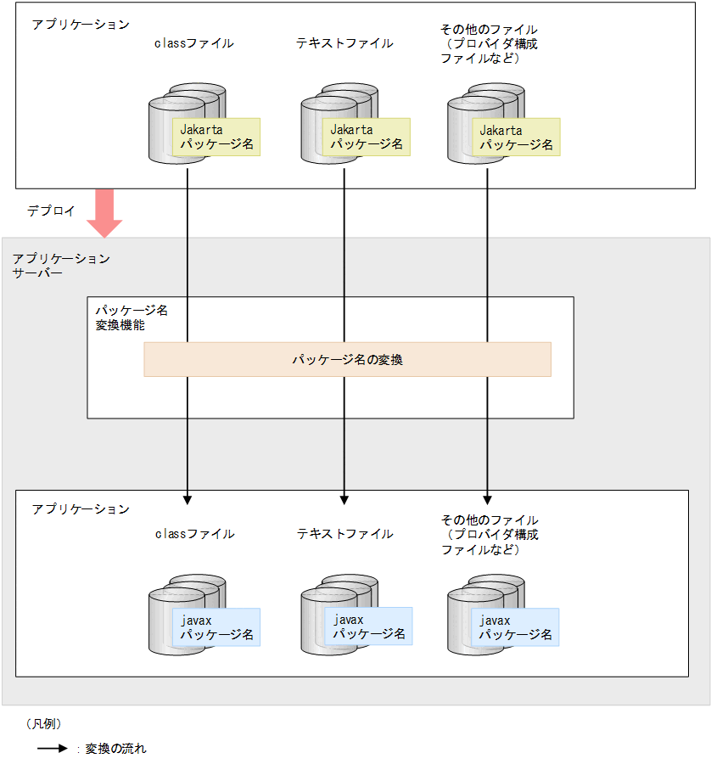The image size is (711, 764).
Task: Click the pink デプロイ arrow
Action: click(x=105, y=212)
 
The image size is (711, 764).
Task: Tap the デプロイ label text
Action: click(x=50, y=211)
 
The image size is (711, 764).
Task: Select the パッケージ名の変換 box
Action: click(x=347, y=359)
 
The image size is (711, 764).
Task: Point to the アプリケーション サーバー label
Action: click(x=61, y=266)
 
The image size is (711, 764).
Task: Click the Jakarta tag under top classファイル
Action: click(x=215, y=138)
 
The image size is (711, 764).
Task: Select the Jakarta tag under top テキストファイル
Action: click(x=366, y=138)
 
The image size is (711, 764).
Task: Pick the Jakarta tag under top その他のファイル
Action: click(x=516, y=138)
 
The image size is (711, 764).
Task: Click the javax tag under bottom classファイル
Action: click(x=216, y=627)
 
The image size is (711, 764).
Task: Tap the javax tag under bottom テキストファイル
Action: click(x=368, y=626)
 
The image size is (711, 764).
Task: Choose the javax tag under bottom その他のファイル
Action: click(x=516, y=627)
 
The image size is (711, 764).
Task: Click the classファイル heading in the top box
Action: click(x=193, y=42)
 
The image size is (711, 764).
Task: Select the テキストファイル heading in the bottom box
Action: click(x=344, y=534)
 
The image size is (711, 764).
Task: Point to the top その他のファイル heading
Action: click(x=489, y=44)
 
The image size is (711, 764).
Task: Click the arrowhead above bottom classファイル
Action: click(x=188, y=498)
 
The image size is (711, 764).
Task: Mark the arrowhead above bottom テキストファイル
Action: click(x=344, y=498)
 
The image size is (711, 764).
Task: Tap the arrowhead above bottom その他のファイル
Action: click(x=488, y=498)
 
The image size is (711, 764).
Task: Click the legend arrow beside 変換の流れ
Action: click(x=52, y=749)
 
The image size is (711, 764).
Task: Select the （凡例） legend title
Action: click(x=43, y=724)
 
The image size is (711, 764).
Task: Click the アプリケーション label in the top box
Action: click(x=81, y=25)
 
